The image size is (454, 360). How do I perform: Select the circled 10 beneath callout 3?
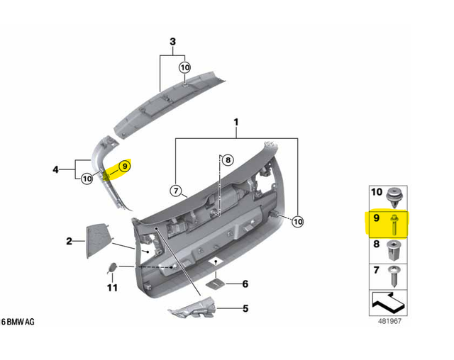click(184, 67)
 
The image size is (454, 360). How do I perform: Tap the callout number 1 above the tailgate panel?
click(236, 124)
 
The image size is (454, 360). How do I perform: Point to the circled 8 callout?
click(227, 161)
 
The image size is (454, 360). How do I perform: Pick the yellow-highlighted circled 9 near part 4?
click(124, 167)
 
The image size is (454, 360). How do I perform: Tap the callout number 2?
click(70, 242)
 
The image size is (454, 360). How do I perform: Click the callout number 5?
click(245, 308)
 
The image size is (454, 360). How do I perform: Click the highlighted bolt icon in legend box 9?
click(394, 223)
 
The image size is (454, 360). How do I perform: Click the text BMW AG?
click(21, 322)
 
